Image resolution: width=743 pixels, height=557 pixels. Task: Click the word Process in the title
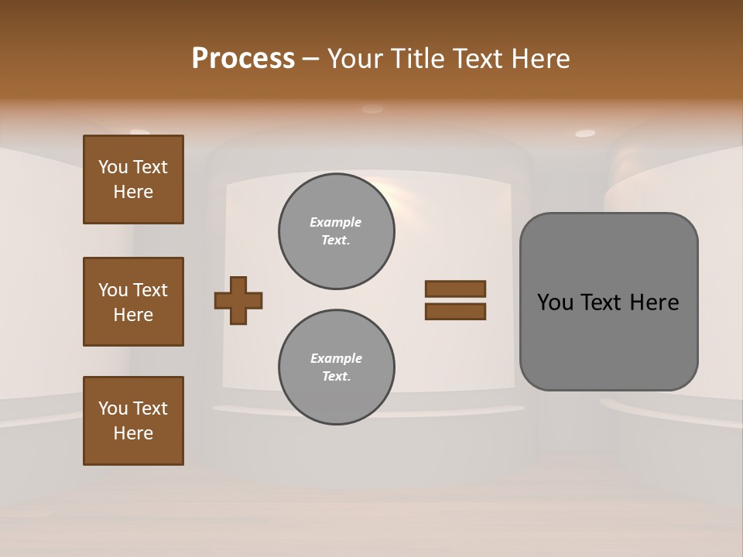click(243, 59)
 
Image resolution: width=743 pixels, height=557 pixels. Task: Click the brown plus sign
click(238, 300)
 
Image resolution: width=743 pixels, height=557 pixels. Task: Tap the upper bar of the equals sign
click(455, 289)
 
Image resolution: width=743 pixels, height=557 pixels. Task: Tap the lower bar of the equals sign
click(455, 312)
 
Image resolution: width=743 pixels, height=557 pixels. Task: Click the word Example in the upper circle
click(335, 222)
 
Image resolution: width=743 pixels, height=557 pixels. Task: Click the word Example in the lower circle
click(336, 358)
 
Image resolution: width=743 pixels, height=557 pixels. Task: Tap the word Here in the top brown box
click(133, 192)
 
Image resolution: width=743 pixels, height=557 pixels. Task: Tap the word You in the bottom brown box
click(113, 408)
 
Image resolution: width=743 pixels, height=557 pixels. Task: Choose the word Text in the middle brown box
click(149, 290)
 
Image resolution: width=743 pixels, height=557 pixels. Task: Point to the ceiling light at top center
click(372, 109)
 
